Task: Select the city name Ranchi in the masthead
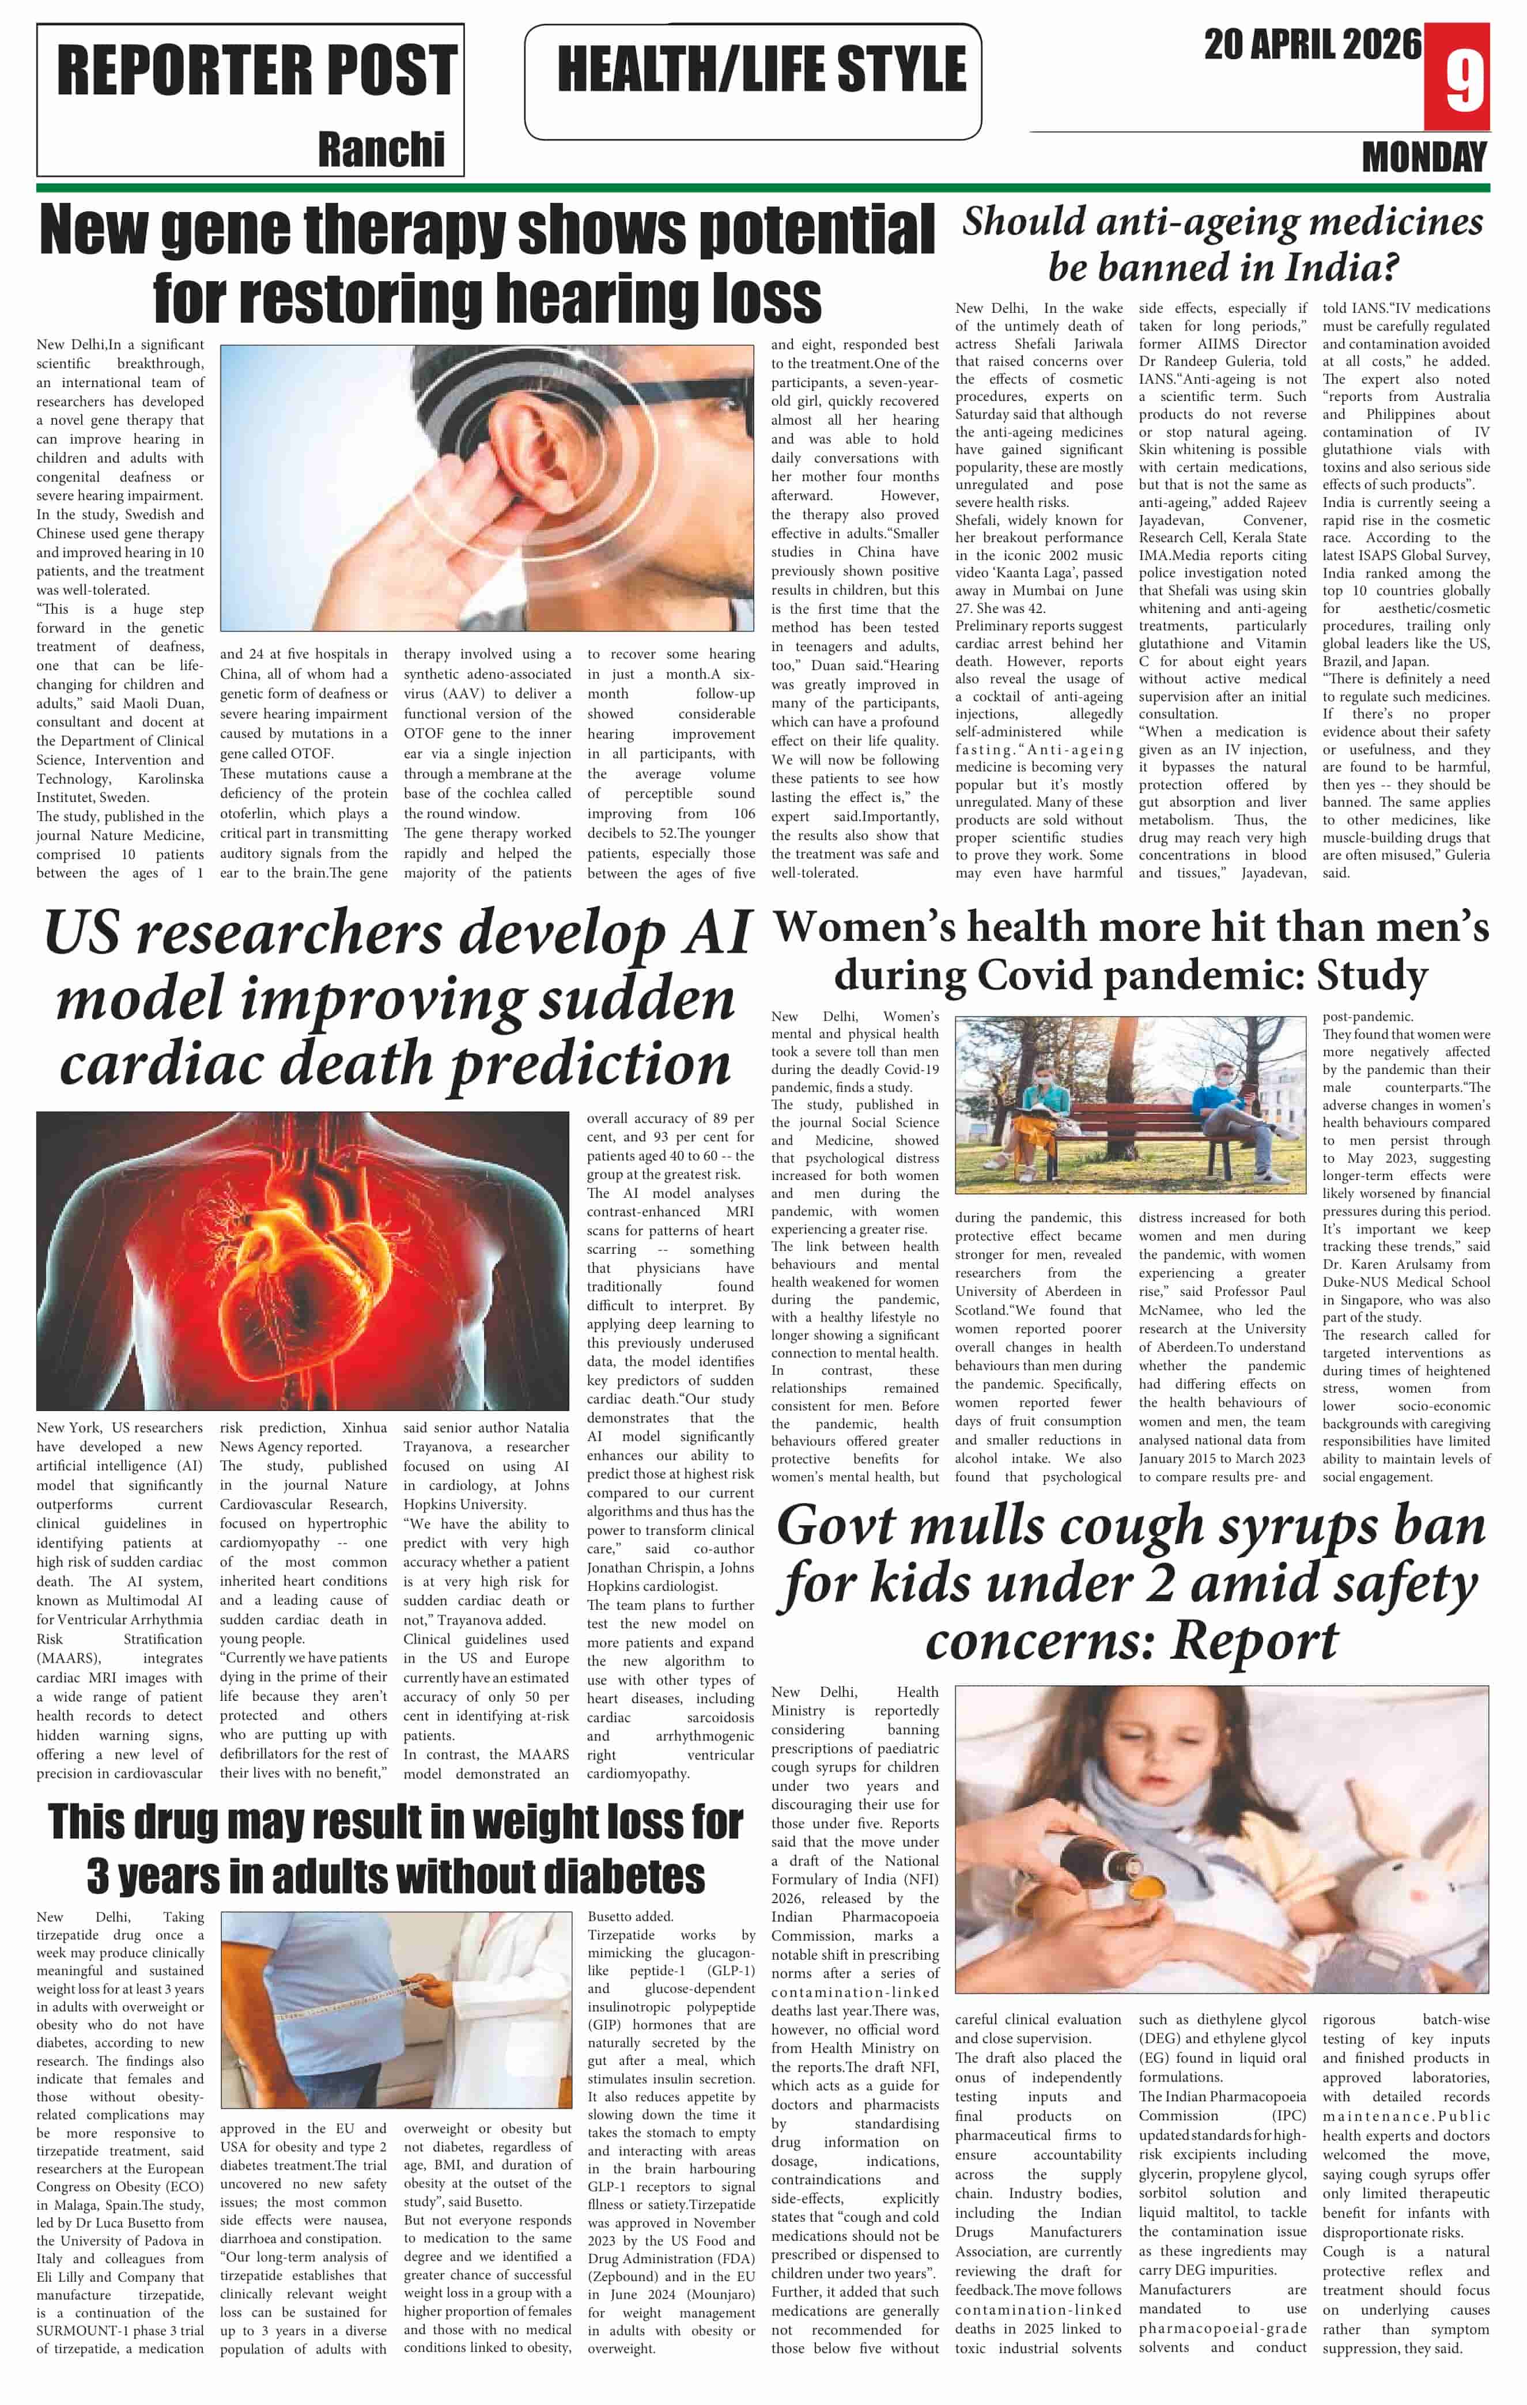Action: pos(381,150)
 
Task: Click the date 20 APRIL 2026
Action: pos(1311,45)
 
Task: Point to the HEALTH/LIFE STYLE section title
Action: pos(761,69)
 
